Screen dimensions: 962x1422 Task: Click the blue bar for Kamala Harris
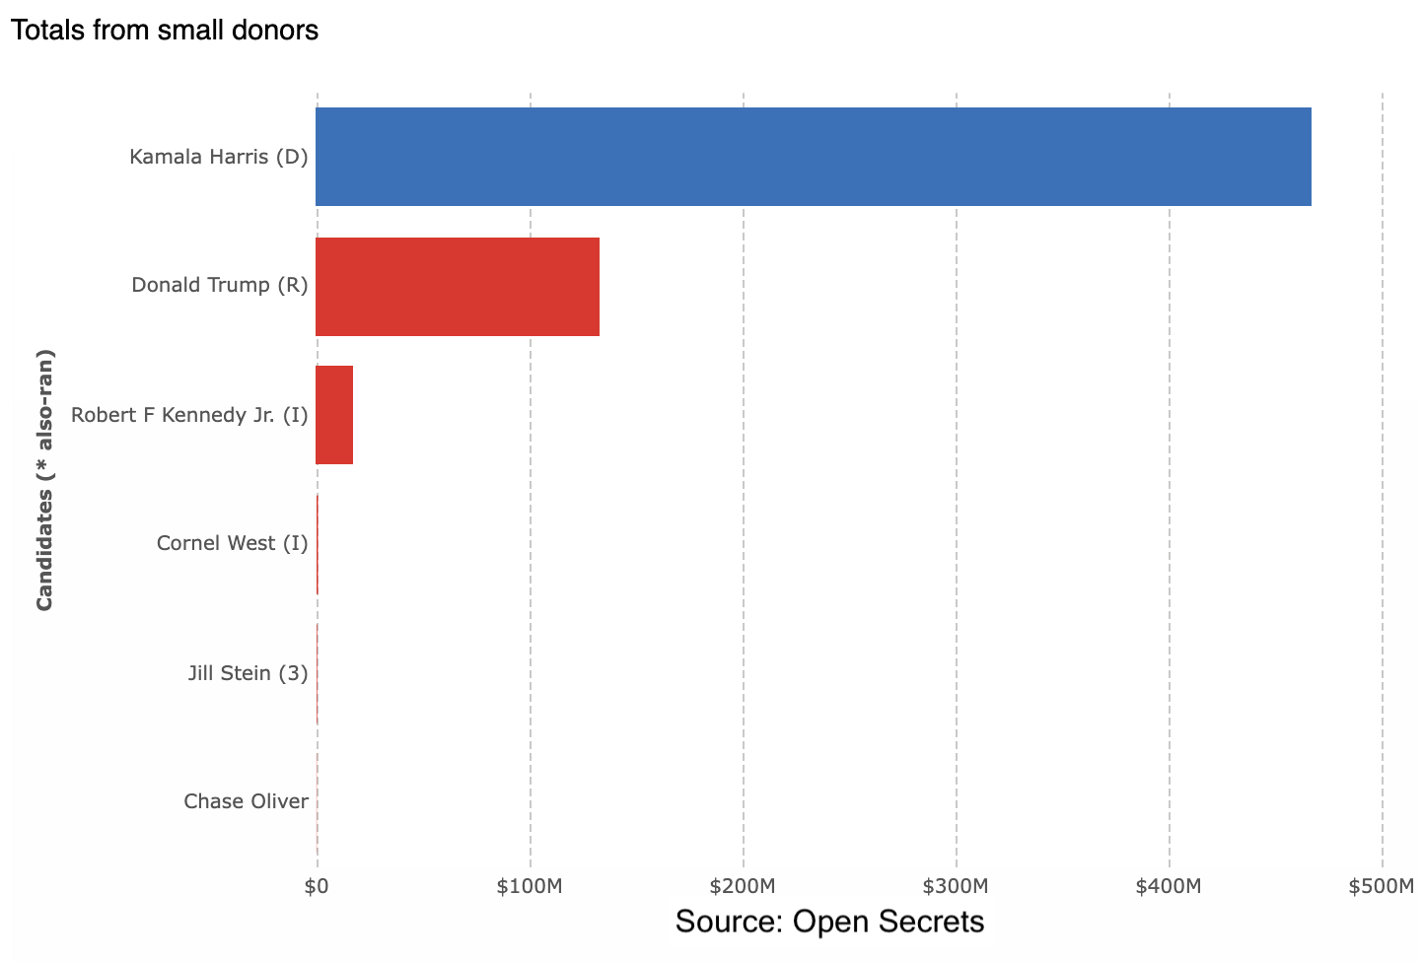pos(813,157)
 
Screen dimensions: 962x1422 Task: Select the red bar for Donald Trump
pos(458,286)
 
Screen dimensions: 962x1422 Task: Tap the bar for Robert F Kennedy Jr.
pos(334,415)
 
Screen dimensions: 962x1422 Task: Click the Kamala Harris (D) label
pos(219,157)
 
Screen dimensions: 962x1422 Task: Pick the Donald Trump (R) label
pos(220,285)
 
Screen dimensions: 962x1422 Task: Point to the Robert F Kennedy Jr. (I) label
pos(189,415)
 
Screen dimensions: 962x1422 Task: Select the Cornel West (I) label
pos(233,543)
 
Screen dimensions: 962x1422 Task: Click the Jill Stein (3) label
pos(249,673)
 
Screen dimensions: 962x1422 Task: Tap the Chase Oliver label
pos(247,801)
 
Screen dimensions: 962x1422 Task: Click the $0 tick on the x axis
pos(317,886)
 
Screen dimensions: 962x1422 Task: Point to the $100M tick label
pos(530,886)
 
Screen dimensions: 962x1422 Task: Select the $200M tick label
pos(743,886)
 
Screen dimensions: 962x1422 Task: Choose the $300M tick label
pos(956,886)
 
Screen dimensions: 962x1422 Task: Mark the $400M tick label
pos(1169,886)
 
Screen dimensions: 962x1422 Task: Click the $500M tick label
pos(1381,886)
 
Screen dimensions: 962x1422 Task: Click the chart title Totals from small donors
pos(165,31)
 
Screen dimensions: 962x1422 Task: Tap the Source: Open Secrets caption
pos(829,922)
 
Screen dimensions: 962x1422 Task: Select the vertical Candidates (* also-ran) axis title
pos(44,479)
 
